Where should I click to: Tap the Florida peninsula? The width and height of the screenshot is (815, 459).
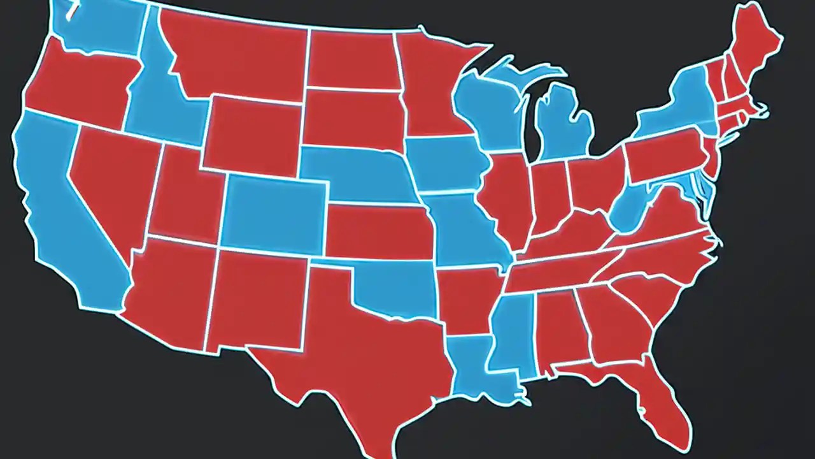662,402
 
